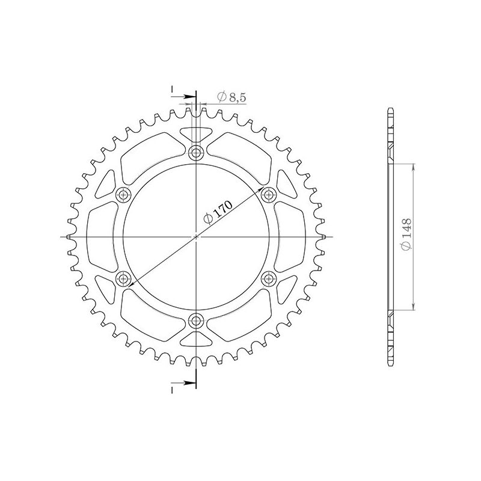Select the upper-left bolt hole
(x=124, y=194)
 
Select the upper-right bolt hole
(x=269, y=194)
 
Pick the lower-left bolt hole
(x=124, y=278)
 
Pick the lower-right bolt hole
(x=269, y=278)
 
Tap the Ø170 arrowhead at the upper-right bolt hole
(x=262, y=198)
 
